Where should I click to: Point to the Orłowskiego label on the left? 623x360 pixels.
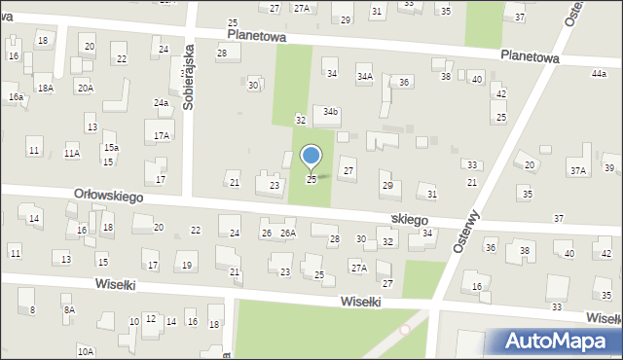click(109, 196)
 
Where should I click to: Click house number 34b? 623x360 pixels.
click(331, 112)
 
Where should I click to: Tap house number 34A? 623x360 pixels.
click(364, 76)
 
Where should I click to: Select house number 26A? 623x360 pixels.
click(287, 234)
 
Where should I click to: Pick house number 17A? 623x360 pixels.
click(162, 136)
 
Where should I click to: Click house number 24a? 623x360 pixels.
click(161, 102)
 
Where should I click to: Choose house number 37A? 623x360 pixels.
click(578, 171)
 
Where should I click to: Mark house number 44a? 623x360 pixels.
click(598, 74)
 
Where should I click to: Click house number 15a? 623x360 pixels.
click(112, 147)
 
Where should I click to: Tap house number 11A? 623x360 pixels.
click(72, 154)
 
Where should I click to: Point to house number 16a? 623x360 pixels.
click(16, 97)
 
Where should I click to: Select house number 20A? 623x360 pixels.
click(86, 89)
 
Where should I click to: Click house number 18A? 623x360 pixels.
click(46, 89)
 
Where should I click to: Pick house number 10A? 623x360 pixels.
click(86, 351)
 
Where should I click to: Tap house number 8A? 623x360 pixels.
click(68, 310)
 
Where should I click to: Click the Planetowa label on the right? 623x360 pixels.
click(530, 58)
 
